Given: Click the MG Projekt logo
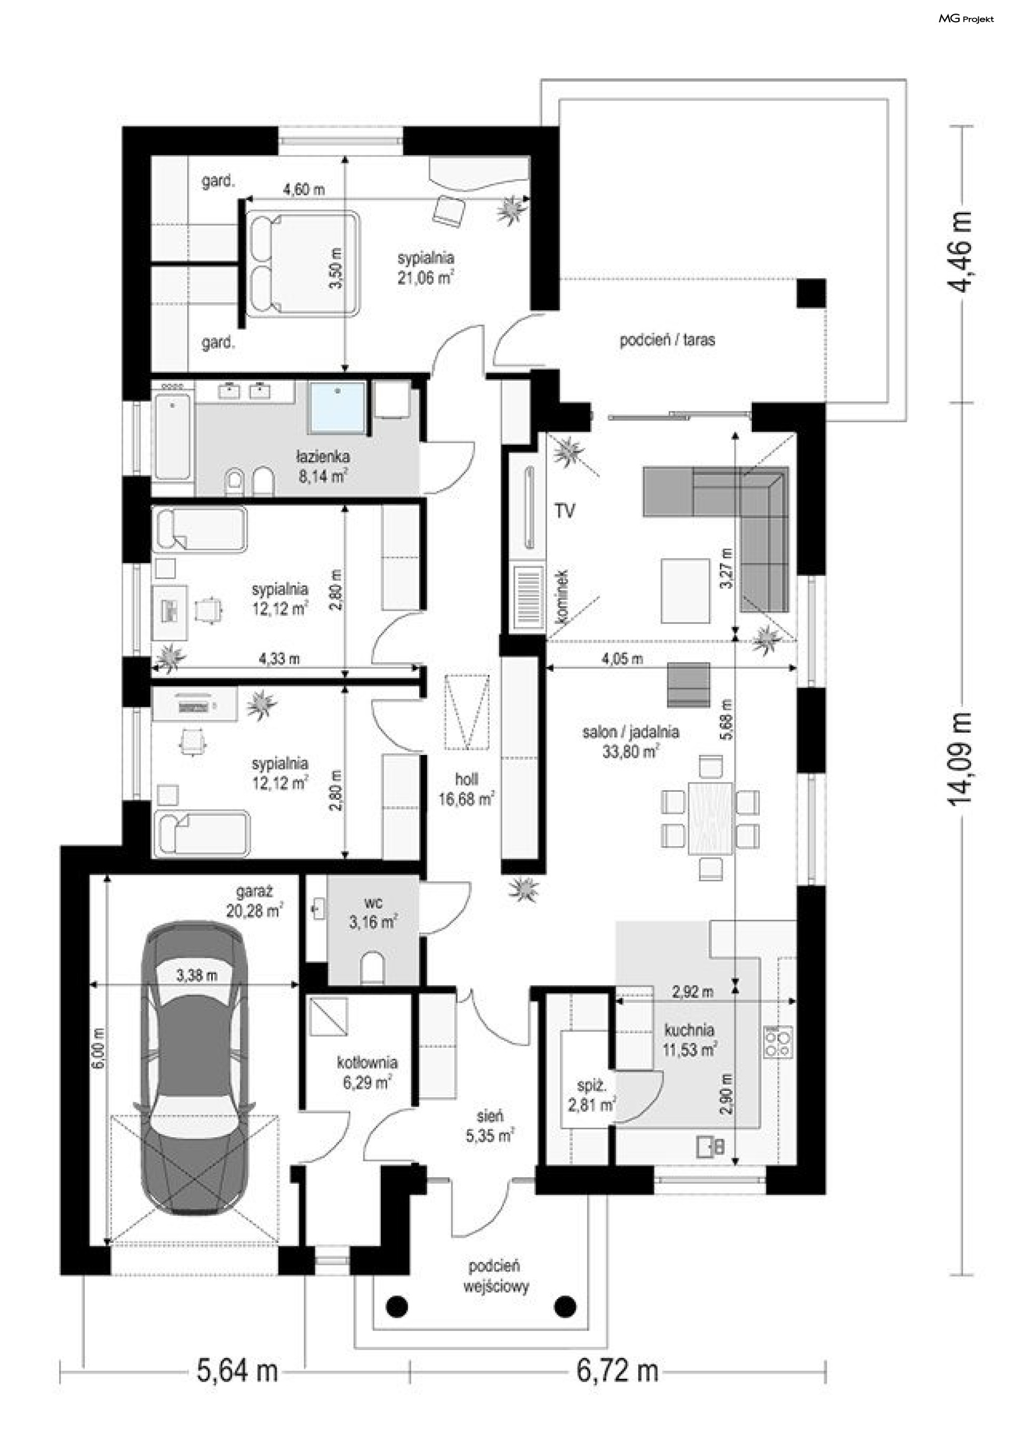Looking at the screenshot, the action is [x=966, y=19].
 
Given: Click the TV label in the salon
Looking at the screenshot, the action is [x=564, y=511].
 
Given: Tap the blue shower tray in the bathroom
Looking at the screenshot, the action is [x=337, y=408].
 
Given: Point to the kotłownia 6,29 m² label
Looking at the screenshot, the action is [x=367, y=1072].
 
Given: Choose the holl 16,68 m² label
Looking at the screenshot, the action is [x=466, y=789].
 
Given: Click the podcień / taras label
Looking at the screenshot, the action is [x=667, y=340].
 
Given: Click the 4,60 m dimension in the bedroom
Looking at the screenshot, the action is [x=304, y=190].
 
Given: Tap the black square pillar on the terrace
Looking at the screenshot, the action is [x=811, y=293].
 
